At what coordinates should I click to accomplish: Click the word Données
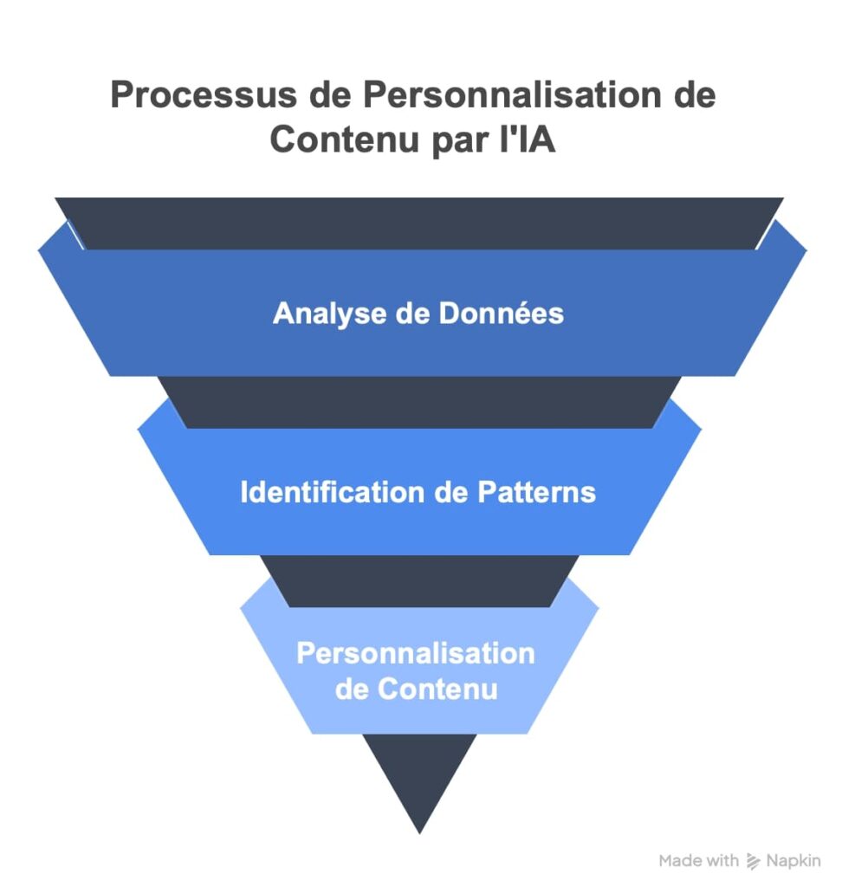tap(501, 313)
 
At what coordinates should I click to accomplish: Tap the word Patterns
tap(536, 492)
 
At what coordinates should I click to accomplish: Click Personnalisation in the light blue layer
tap(416, 652)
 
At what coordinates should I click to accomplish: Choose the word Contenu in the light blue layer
tap(438, 690)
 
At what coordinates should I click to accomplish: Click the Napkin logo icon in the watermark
tap(754, 861)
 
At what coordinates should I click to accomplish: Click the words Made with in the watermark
tap(698, 861)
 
